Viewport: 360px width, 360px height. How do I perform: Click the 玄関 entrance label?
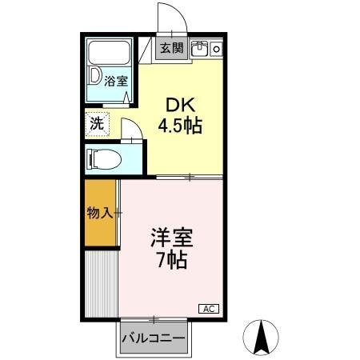tap(170, 49)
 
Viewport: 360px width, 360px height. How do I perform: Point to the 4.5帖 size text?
tap(180, 126)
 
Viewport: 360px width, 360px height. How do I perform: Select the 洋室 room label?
tap(170, 238)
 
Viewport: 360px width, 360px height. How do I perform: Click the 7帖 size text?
tap(170, 261)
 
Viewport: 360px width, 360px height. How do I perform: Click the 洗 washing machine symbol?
tap(97, 124)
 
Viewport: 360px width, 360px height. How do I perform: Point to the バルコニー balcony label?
tap(154, 338)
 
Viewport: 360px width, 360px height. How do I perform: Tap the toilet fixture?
tap(106, 158)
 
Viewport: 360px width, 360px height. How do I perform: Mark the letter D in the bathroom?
tap(95, 78)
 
